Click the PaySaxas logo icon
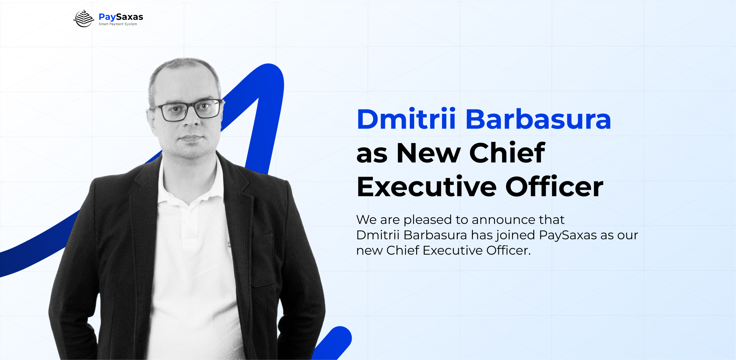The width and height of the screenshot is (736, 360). click(84, 18)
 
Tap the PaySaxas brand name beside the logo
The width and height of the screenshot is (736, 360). click(121, 17)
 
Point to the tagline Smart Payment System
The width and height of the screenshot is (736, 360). click(118, 24)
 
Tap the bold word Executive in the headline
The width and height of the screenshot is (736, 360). click(427, 186)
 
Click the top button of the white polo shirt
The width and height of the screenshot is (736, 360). click(190, 214)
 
